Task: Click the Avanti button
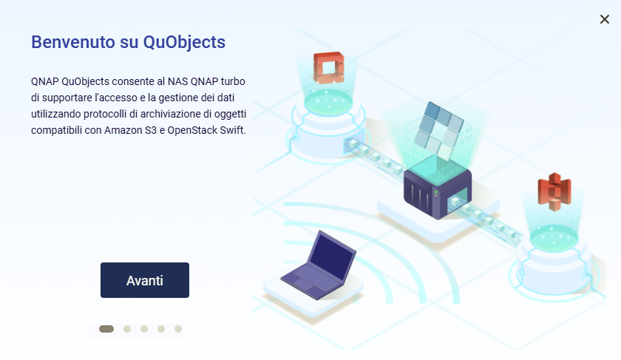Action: [x=145, y=280]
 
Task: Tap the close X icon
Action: [x=605, y=19]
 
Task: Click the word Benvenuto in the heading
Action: [x=73, y=42]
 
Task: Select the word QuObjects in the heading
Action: [x=184, y=43]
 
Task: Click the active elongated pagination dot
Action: [x=106, y=329]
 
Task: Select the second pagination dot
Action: [x=127, y=329]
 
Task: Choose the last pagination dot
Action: [x=178, y=329]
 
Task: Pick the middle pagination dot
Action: [x=144, y=329]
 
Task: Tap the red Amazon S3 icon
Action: [x=554, y=191]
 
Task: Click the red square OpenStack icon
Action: [x=328, y=68]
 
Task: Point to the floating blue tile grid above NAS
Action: [x=438, y=130]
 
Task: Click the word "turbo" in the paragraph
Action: [x=233, y=81]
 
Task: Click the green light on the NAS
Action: [x=435, y=193]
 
